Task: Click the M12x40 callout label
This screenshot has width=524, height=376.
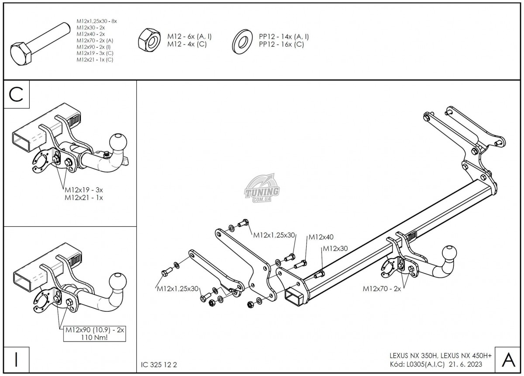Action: (321, 238)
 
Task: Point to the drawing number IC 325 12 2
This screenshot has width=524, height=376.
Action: (159, 364)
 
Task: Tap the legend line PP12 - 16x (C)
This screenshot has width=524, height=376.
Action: (281, 44)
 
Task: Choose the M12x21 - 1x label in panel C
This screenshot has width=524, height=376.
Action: (84, 197)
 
